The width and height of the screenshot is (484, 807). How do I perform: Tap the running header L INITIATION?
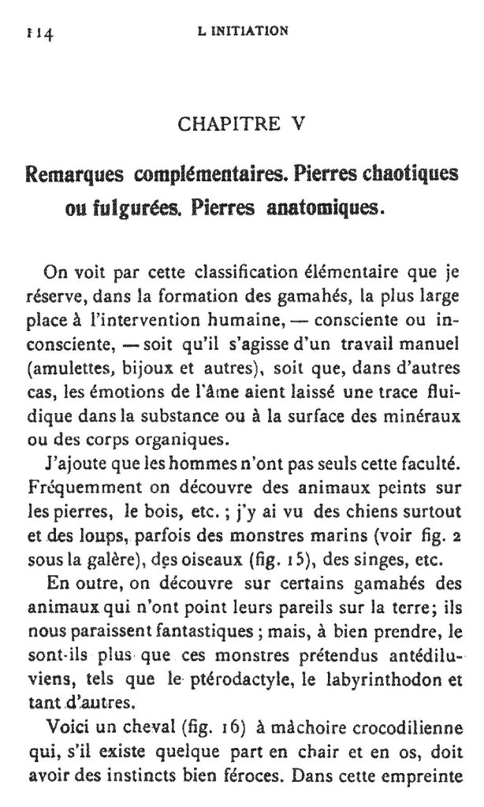(x=244, y=32)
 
